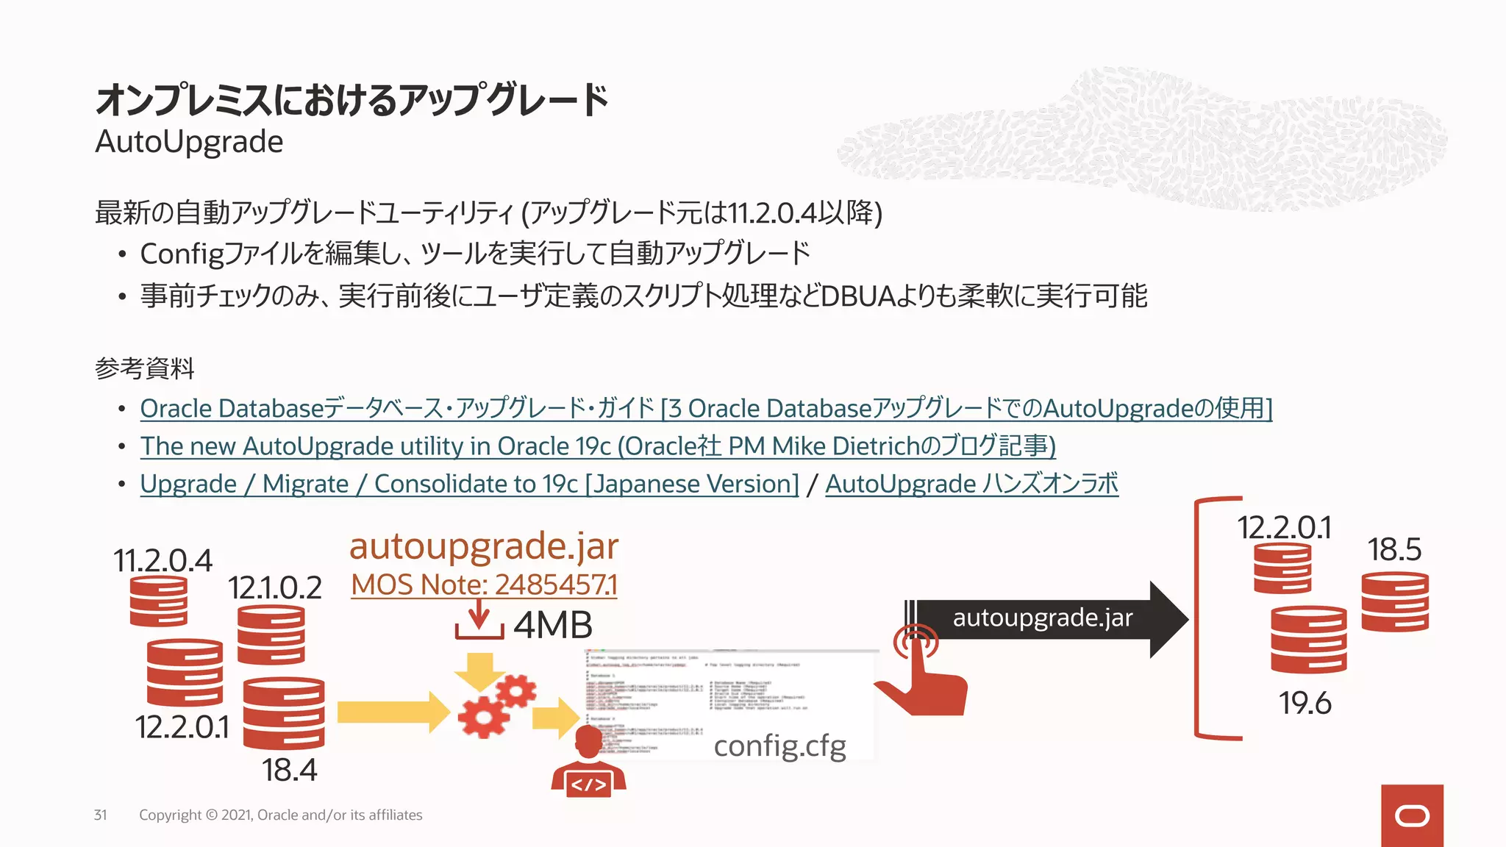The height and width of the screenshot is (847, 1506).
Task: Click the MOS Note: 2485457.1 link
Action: [x=484, y=585]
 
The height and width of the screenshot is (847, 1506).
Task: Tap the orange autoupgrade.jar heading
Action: [x=484, y=546]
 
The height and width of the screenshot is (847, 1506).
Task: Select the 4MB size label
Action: [x=553, y=626]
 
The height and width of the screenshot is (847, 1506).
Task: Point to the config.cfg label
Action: [x=779, y=746]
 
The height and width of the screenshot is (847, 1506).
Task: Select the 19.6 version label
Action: [x=1305, y=704]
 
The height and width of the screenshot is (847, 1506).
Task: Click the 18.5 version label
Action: [x=1394, y=550]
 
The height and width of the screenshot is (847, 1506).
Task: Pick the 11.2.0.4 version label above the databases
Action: [x=163, y=561]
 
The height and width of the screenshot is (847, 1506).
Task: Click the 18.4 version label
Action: [x=289, y=771]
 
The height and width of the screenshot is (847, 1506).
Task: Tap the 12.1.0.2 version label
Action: [x=274, y=588]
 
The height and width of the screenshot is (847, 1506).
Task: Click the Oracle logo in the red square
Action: [x=1412, y=816]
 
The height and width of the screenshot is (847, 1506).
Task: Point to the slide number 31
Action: [x=100, y=815]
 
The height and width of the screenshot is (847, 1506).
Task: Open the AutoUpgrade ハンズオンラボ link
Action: [x=971, y=485]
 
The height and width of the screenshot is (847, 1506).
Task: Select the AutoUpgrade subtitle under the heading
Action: [x=189, y=142]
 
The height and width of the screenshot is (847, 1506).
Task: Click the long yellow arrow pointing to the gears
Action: [x=393, y=712]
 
